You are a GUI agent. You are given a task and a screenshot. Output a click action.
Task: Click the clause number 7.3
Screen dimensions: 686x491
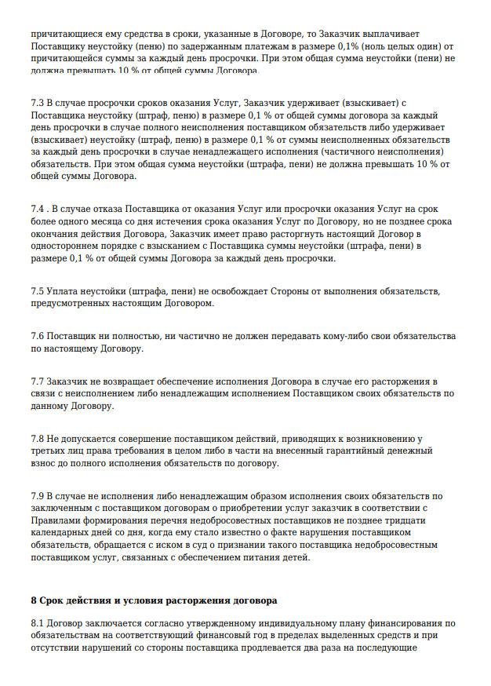(38, 103)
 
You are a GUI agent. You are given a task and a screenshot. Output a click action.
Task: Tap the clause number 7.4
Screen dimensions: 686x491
(38, 210)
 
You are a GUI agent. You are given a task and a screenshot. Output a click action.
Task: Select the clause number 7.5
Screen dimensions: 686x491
(38, 292)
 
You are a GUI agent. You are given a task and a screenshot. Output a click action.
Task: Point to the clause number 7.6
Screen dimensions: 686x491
(38, 335)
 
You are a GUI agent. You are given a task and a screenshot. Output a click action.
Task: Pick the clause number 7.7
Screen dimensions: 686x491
(38, 381)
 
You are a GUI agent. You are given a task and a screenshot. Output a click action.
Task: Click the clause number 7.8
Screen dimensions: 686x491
(38, 437)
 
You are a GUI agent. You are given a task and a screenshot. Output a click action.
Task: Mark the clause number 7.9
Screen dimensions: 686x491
(38, 495)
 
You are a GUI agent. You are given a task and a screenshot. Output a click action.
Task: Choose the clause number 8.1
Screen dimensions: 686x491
(38, 623)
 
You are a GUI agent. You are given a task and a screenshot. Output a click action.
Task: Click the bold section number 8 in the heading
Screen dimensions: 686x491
(34, 600)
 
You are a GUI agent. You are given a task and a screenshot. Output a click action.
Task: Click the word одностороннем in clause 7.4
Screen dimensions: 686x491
(65, 246)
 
